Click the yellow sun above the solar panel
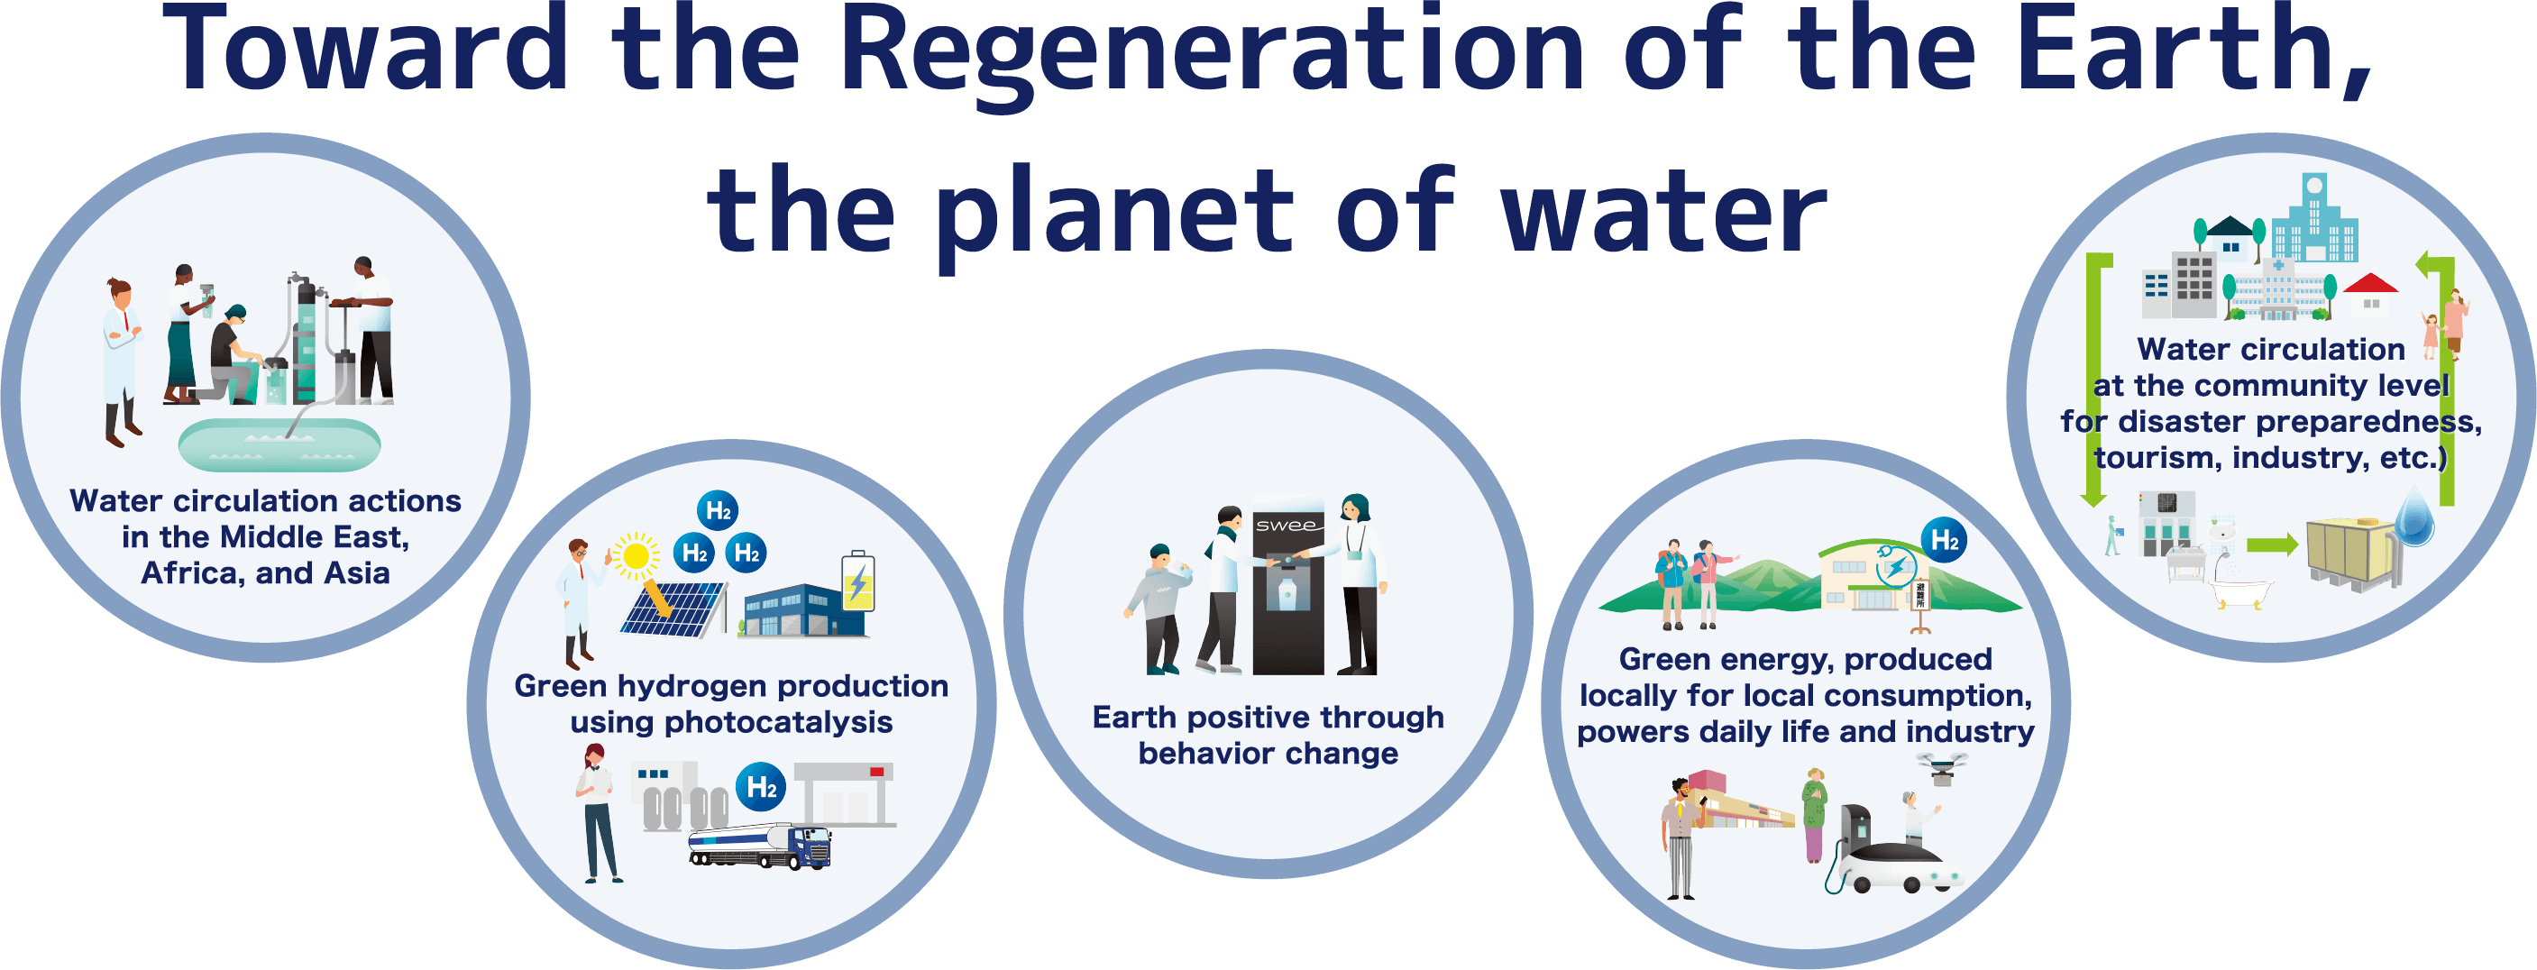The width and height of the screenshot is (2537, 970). tap(637, 556)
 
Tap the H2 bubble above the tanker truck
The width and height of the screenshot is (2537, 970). tap(761, 787)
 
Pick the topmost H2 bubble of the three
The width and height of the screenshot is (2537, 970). tap(718, 511)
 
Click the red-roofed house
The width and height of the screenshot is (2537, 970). tap(2371, 296)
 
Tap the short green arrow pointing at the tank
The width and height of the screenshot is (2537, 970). tap(2272, 544)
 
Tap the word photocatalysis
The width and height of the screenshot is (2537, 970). tap(732, 723)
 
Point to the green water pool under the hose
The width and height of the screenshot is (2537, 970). tap(279, 445)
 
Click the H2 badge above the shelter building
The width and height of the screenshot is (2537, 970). tap(1944, 540)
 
